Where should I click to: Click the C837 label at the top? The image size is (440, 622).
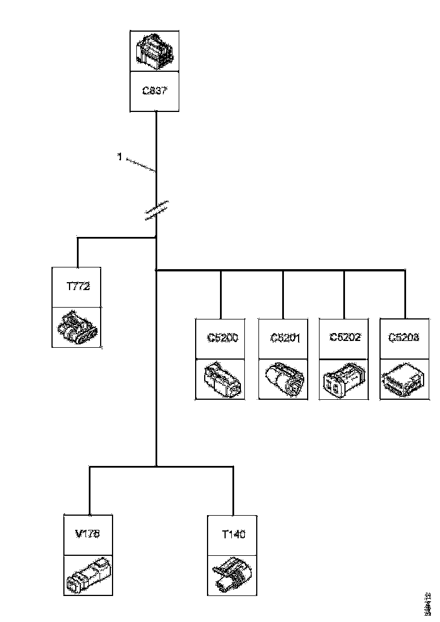155,90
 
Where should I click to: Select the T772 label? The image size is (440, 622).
77,287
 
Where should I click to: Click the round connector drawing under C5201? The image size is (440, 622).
283,379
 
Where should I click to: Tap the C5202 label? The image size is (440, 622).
344,338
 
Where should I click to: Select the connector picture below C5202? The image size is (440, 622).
344,379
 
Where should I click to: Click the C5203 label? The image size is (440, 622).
404,338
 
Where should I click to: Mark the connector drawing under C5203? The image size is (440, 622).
404,379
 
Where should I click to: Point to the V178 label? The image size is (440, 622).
88,534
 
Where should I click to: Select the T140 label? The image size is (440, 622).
232,534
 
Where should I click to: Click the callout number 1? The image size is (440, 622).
119,157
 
